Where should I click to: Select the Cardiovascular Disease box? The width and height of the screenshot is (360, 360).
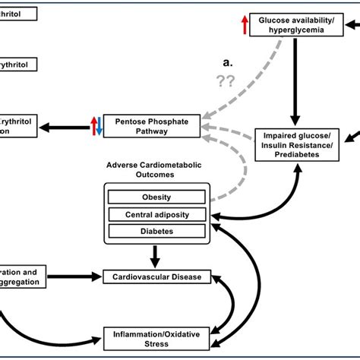(x=156, y=277)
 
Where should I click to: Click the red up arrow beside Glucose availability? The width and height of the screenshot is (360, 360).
(x=244, y=24)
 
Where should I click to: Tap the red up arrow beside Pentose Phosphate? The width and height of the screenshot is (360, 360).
(x=93, y=126)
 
